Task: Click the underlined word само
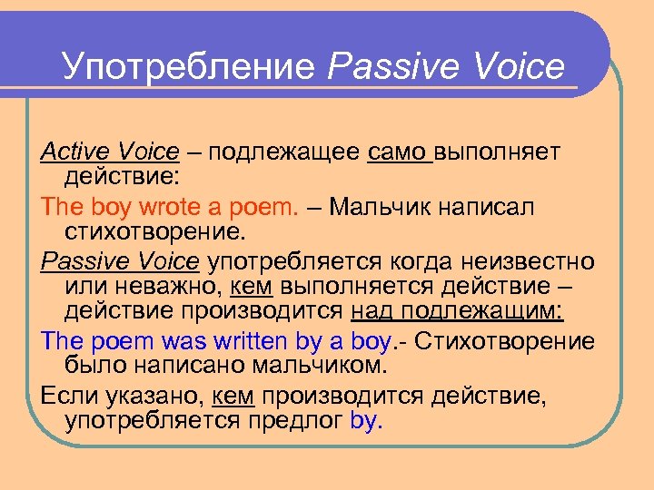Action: (400, 152)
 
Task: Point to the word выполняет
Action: (500, 152)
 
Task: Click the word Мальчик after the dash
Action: (386, 206)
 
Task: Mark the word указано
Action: (148, 396)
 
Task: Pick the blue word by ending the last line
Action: (367, 421)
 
